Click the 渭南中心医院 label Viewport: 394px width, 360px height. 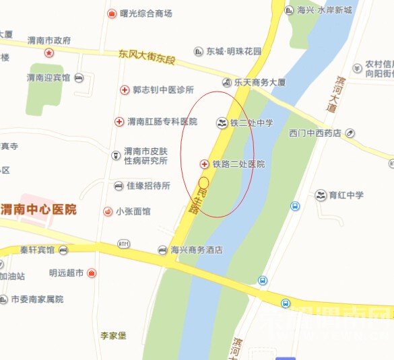pyautogui.click(x=38, y=209)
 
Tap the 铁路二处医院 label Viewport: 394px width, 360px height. pyautogui.click(x=238, y=164)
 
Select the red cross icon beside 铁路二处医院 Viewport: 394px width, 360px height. pyautogui.click(x=205, y=164)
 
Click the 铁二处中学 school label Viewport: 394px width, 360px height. pyautogui.click(x=251, y=123)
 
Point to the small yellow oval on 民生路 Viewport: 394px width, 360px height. pyautogui.click(x=203, y=182)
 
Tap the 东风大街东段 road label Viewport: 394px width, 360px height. pyautogui.click(x=145, y=56)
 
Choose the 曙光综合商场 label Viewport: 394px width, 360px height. pyautogui.click(x=146, y=13)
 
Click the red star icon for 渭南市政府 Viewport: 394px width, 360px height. pyautogui.click(x=48, y=52)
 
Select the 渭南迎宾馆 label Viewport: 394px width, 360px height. pyautogui.click(x=48, y=78)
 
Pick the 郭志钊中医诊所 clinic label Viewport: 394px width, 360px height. pyautogui.click(x=163, y=89)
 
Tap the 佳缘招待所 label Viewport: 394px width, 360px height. pyautogui.click(x=148, y=186)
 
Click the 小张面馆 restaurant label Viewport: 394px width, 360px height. pyautogui.click(x=133, y=211)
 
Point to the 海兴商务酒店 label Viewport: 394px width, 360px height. pyautogui.click(x=197, y=250)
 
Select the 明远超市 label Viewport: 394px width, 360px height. pyautogui.click(x=66, y=273)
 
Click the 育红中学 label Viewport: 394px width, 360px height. pyautogui.click(x=346, y=195)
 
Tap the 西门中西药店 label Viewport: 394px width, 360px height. pyautogui.click(x=315, y=133)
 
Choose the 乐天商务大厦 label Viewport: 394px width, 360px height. pyautogui.click(x=259, y=82)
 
